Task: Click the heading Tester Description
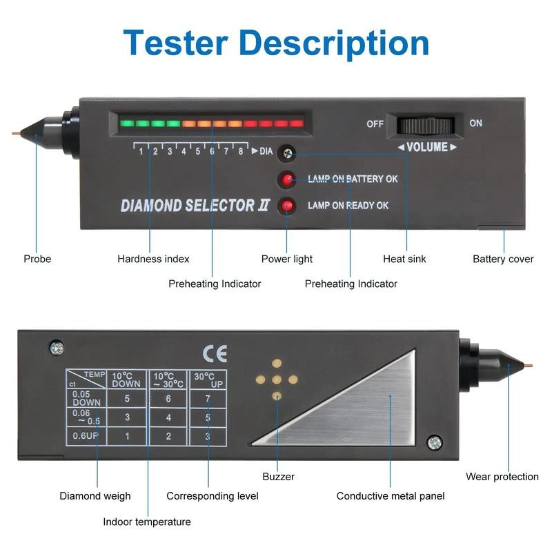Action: (276, 43)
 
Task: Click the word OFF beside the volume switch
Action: (375, 124)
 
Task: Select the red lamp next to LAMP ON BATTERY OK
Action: (286, 180)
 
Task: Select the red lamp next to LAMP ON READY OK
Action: (286, 206)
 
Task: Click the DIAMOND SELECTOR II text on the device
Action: (195, 206)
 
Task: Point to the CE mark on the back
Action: (215, 354)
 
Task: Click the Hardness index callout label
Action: (153, 259)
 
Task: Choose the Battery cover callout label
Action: (503, 259)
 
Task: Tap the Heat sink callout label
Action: (404, 259)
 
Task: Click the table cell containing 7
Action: (208, 398)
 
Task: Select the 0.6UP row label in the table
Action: (82, 436)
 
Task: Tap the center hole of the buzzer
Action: (277, 379)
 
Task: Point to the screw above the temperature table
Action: (56, 348)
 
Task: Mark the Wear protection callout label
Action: (502, 477)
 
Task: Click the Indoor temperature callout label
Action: (147, 522)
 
